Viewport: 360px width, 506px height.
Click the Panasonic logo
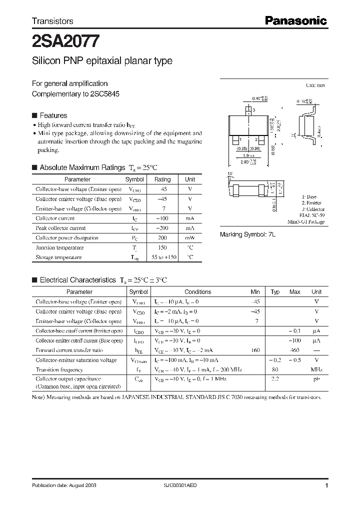pyautogui.click(x=295, y=20)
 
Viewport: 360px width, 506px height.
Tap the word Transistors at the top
pyautogui.click(x=52, y=21)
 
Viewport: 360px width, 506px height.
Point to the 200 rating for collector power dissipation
pyautogui.click(x=162, y=238)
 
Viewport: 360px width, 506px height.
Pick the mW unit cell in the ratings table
pyautogui.click(x=190, y=238)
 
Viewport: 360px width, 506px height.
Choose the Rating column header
pyautogui.click(x=162, y=179)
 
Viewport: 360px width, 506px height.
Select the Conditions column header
pyautogui.click(x=197, y=291)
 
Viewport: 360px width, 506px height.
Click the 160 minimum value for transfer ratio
pyautogui.click(x=255, y=350)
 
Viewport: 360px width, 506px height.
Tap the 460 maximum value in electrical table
pyautogui.click(x=294, y=350)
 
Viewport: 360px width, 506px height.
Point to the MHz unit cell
pyautogui.click(x=316, y=370)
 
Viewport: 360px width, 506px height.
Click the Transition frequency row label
pyautogui.click(x=59, y=370)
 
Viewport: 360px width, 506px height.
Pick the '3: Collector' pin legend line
pyautogui.click(x=313, y=209)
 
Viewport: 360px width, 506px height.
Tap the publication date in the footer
pyautogui.click(x=64, y=485)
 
